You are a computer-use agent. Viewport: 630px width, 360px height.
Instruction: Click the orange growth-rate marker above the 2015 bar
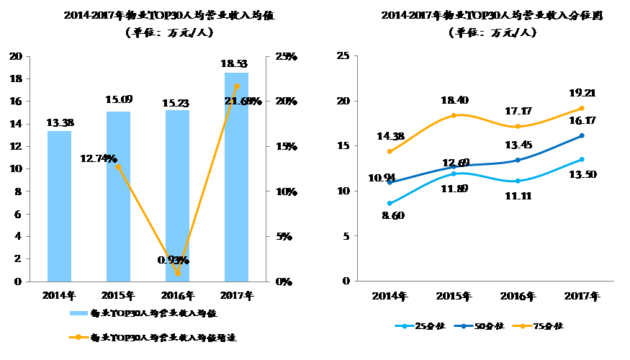(x=118, y=166)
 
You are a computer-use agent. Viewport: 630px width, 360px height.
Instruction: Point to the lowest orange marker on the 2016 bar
(x=178, y=273)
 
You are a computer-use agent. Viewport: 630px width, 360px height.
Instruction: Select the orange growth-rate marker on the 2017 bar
(x=237, y=86)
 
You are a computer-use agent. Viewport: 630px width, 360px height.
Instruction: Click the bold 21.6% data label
(x=237, y=102)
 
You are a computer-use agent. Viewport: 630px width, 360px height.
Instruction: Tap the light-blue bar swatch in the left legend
(x=78, y=313)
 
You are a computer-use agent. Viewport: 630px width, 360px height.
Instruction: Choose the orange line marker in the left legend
(x=78, y=336)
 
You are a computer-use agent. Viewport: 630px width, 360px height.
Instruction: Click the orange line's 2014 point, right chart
(x=390, y=152)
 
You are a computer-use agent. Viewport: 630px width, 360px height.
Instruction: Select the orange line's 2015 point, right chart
(x=454, y=115)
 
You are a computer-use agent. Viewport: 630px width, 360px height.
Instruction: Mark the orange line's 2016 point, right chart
(x=517, y=127)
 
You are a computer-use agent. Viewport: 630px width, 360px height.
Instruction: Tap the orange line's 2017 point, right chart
(x=581, y=108)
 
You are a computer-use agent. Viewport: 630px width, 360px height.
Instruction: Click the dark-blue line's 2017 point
(x=581, y=135)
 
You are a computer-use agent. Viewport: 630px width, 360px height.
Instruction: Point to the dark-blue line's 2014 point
(x=390, y=183)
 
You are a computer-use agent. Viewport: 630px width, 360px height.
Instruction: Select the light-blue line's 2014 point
(x=390, y=203)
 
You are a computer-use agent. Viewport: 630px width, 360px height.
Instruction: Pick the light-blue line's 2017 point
(x=581, y=159)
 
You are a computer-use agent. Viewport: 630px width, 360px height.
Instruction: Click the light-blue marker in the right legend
(x=405, y=326)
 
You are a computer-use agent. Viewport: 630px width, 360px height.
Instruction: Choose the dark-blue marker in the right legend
(x=464, y=326)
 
